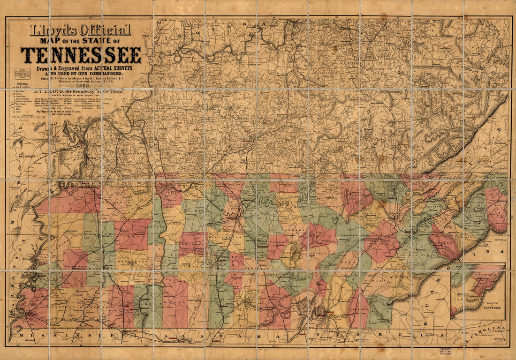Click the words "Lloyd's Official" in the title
point(80,31)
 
